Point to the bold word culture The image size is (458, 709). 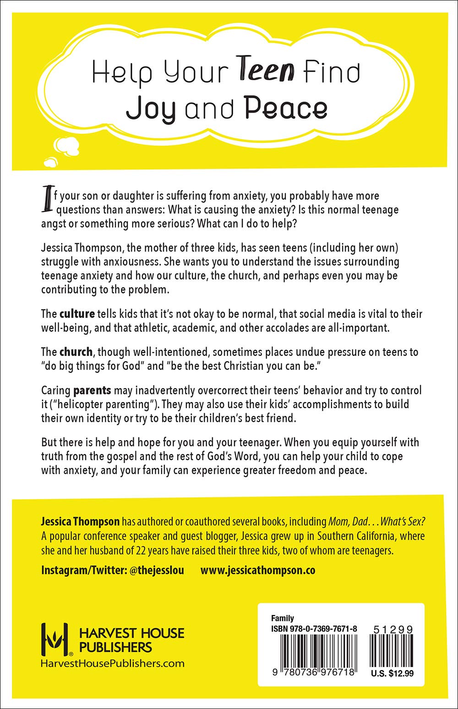[77, 314]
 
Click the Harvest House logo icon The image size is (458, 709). [55, 639]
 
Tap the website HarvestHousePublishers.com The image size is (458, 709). [113, 663]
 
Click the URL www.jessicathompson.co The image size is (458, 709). [258, 571]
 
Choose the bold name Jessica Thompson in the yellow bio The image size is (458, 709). [80, 522]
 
